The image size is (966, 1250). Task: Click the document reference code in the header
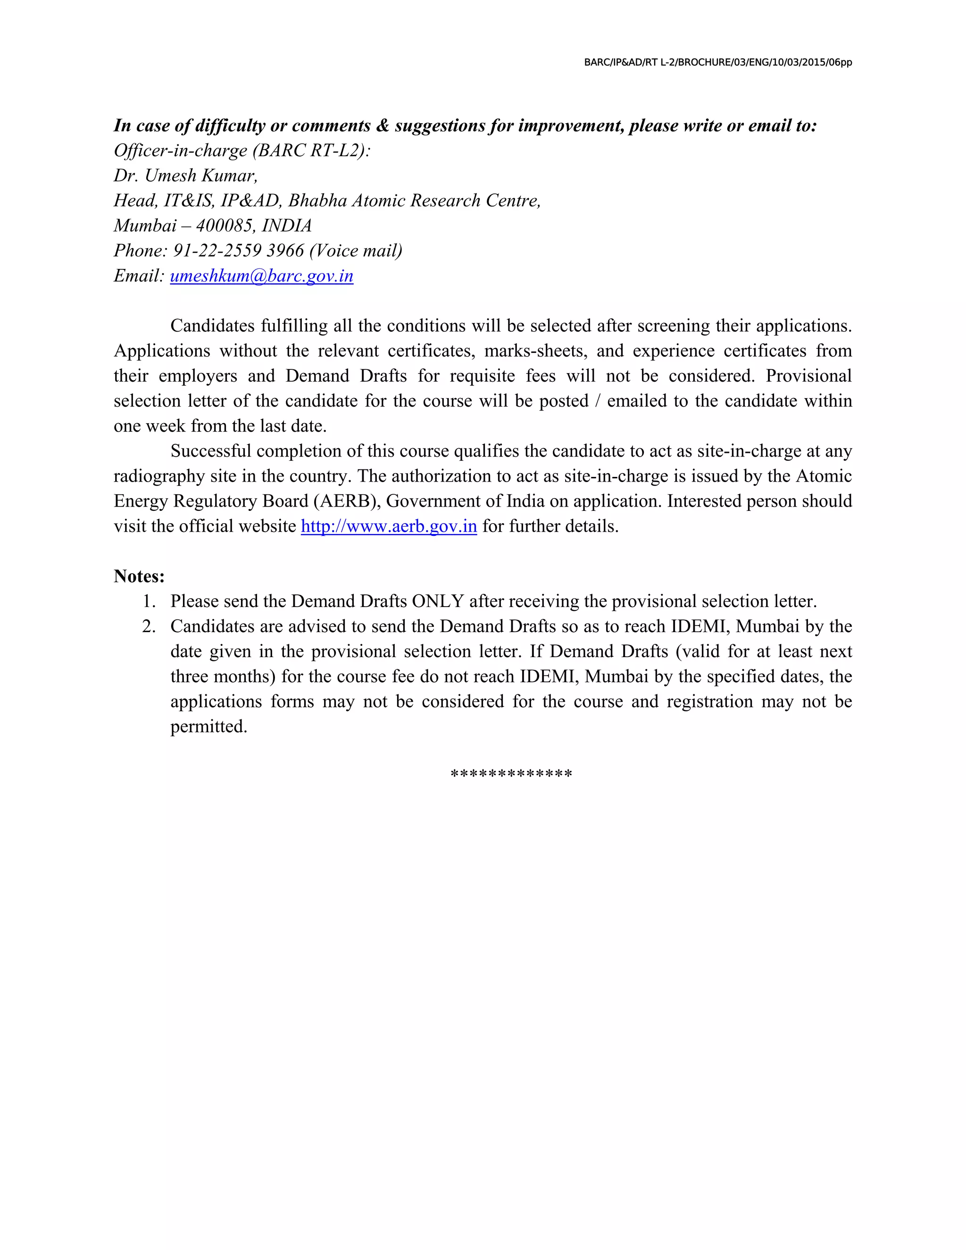[717, 62]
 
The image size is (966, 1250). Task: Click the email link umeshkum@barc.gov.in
[261, 276]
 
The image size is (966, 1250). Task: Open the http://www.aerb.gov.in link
[389, 526]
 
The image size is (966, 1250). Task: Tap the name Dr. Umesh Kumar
[185, 175]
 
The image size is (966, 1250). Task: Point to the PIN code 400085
[224, 225]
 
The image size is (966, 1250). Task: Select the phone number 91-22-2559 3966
[239, 250]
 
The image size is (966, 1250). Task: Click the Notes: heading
[139, 576]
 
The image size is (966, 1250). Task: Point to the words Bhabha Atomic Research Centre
[414, 200]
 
